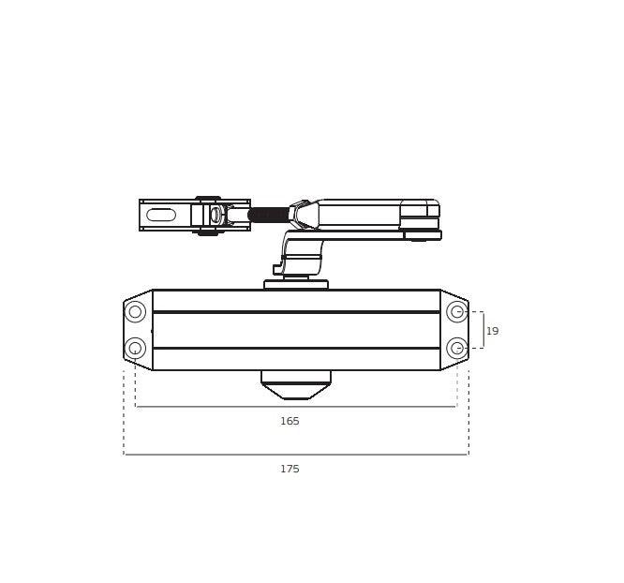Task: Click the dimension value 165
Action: coord(290,421)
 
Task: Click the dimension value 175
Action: coord(290,469)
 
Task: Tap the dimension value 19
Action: coord(492,331)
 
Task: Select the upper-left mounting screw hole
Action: coord(135,311)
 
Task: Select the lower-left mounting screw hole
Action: coord(135,348)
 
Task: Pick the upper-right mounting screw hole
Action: coord(457,311)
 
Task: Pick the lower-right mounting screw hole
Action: coord(457,348)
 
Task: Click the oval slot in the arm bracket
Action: coord(161,215)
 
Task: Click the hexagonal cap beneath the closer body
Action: coord(296,384)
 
